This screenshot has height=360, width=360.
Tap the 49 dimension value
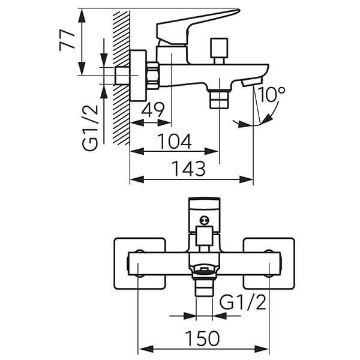coord(154,110)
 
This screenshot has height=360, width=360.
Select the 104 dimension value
coord(175,141)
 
